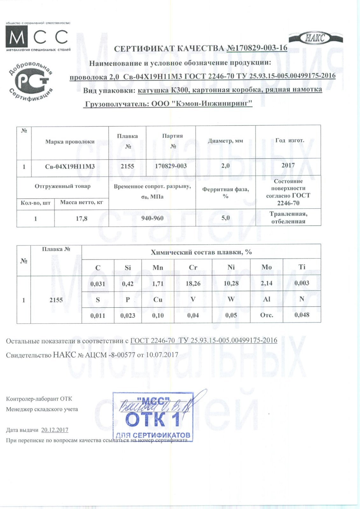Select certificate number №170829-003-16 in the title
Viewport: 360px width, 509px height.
coord(257,48)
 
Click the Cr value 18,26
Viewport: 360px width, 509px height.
coord(193,283)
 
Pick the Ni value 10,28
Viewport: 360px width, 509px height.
coord(231,283)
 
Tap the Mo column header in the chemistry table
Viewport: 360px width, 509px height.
coord(266,267)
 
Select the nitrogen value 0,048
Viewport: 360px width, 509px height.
coord(302,315)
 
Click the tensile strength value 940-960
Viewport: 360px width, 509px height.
coord(152,218)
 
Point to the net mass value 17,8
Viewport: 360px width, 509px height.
coord(81,219)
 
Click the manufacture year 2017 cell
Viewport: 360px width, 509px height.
coord(288,165)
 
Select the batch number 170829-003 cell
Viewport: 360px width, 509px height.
coord(171,166)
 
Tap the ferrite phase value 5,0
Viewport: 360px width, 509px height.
coord(225,218)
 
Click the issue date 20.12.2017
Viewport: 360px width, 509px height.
coord(55,430)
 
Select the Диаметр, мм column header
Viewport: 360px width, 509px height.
coord(225,141)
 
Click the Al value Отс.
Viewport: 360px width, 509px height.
coord(266,315)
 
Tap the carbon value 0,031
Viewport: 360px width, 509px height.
coord(98,284)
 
